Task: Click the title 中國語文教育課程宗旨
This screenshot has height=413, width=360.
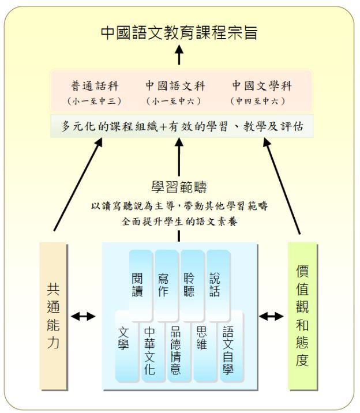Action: click(179, 32)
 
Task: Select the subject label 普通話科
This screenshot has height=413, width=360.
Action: click(95, 86)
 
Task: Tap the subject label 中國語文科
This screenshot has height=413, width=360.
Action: click(175, 86)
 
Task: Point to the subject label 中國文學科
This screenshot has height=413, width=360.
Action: click(262, 86)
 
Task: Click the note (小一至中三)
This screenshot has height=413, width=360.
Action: click(94, 101)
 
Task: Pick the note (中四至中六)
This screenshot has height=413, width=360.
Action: click(258, 101)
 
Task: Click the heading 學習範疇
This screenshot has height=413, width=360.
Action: click(179, 187)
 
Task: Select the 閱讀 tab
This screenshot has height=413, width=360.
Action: click(141, 286)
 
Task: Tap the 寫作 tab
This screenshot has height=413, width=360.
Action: click(166, 286)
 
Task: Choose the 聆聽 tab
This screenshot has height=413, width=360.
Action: click(192, 286)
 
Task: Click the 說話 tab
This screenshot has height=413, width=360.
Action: click(218, 286)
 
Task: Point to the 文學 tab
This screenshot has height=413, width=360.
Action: click(126, 346)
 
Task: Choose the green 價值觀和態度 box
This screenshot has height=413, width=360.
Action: click(302, 316)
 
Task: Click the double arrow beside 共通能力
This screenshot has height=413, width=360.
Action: click(83, 316)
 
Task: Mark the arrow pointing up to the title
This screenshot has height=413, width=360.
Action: click(179, 55)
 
